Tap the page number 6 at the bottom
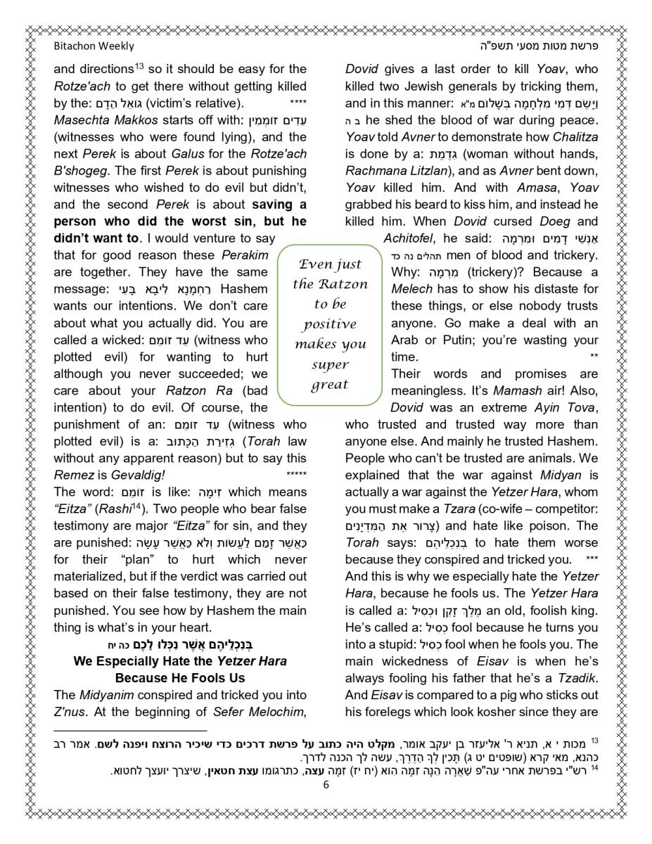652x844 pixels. tap(326, 786)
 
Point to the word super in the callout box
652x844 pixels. tap(330, 365)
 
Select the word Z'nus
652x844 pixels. tap(69, 712)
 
